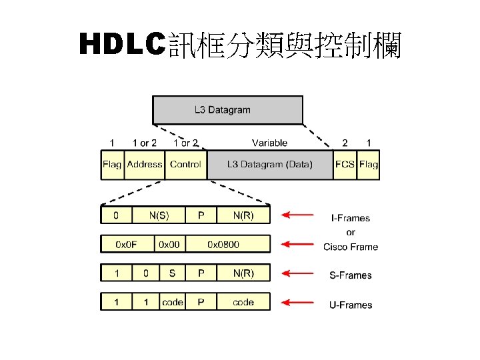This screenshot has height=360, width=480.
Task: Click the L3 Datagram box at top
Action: point(227,110)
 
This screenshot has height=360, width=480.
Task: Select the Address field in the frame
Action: point(144,164)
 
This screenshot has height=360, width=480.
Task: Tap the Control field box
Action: point(185,164)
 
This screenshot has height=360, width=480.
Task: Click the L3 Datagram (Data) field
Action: point(269,164)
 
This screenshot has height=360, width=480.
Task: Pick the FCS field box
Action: point(345,164)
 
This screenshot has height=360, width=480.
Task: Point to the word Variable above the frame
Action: point(269,143)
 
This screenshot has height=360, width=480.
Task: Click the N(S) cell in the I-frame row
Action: point(157,215)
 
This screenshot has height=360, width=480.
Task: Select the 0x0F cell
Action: point(127,244)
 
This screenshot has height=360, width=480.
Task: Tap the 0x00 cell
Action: point(169,244)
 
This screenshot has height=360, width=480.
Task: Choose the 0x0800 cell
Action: point(227,244)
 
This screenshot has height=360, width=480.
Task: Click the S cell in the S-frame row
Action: point(173,273)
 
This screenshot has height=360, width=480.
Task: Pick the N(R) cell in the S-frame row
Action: point(243,273)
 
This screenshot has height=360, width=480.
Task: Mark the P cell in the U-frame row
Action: point(201,302)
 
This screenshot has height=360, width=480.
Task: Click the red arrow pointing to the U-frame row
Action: point(297,303)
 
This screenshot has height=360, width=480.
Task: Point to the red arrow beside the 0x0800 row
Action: point(297,245)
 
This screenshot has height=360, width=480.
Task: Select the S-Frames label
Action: point(351,275)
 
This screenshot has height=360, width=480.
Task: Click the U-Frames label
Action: point(351,305)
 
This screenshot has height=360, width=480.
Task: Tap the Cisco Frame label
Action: point(351,247)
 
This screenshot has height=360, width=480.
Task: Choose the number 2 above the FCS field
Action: point(345,143)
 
